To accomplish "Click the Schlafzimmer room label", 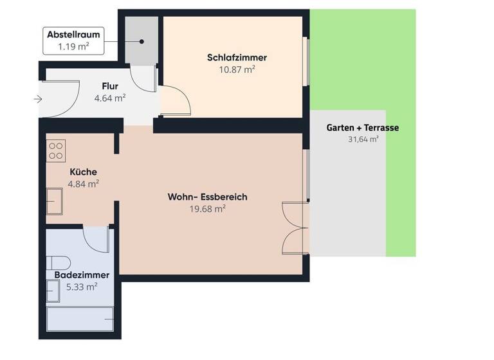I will pos(237,57).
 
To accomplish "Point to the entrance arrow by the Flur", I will pos(38,99).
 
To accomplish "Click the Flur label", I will pos(110,86).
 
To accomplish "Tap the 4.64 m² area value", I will pos(110,98).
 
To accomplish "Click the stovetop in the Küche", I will pos(56,150).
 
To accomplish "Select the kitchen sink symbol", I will pos(55,201).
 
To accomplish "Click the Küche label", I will pos(84,172).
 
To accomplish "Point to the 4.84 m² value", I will pos(84,183).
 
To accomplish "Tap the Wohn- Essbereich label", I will pos(207,197).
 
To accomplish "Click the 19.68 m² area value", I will pos(207,208).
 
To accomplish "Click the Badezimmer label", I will pos(82,274).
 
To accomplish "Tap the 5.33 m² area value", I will pos(82,286).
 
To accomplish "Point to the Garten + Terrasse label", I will pos(363,127).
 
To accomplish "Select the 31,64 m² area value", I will pos(363,139).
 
